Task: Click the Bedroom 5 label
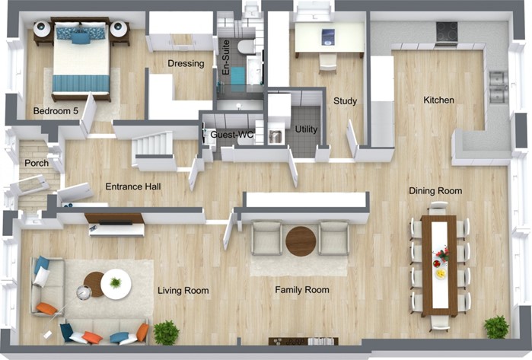coord(56,111)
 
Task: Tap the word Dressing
coord(186,63)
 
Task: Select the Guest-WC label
coord(231,135)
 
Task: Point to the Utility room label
coord(306,129)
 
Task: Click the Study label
coord(345,100)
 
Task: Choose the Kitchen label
coord(438,100)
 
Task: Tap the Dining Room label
coord(435,191)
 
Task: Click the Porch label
coord(37,163)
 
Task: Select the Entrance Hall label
coord(133,186)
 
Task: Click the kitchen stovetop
coord(447,31)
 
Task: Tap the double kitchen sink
coord(498,87)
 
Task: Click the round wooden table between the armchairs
coord(301,241)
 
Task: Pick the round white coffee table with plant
coord(116,284)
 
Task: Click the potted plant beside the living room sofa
coord(166,333)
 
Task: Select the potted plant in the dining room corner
coord(496,327)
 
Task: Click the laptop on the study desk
coord(328,37)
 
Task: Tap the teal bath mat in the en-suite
coord(237,75)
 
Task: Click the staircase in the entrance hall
coord(152,145)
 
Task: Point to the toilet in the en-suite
coord(246,47)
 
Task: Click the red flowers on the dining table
coord(442,253)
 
